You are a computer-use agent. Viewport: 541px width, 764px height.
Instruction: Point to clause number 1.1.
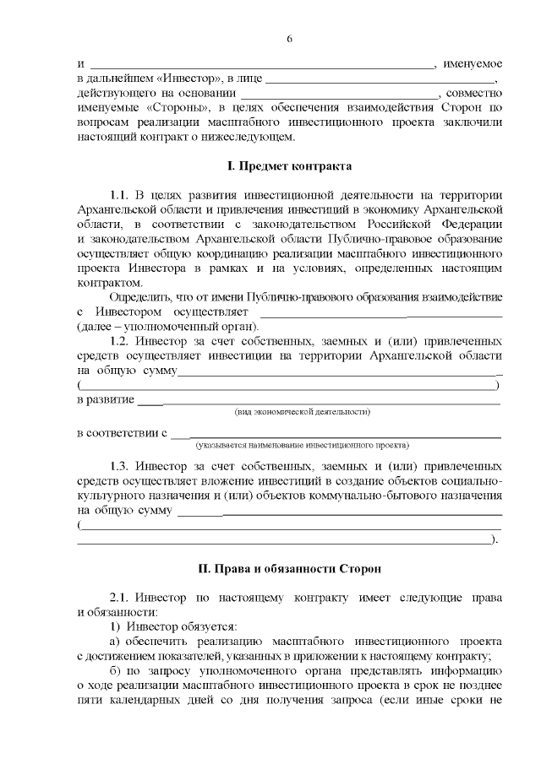click(123, 194)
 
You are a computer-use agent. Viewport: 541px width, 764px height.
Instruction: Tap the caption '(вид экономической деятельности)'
click(302, 412)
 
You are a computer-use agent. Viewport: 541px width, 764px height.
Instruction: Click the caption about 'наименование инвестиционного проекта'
click(302, 444)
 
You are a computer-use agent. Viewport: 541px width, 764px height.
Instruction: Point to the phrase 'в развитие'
click(105, 398)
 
